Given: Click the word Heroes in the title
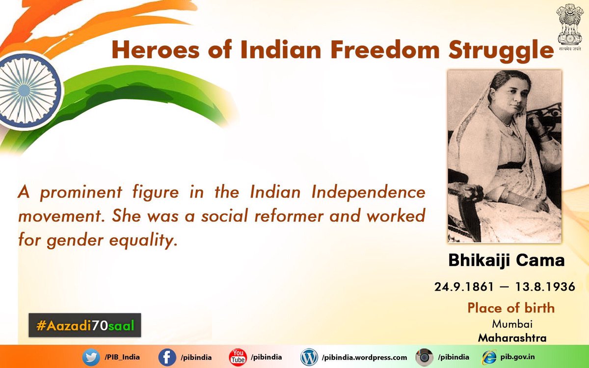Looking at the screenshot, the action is pos(156,50).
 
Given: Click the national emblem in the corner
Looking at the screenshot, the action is pos(570,27).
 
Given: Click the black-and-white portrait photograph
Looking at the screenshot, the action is pos(505,156).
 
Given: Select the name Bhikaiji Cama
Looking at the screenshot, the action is pos(507,261).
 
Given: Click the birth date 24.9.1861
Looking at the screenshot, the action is pos(464,287).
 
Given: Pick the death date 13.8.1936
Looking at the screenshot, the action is pos(545,287).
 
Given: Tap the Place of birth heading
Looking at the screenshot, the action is pos(511,308).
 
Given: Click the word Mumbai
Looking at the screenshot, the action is pos(512,324).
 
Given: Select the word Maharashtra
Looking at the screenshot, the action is pos(512,338).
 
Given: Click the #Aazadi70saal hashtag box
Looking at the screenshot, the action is pos(84,325).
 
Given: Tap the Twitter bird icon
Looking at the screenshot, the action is pos(91,358).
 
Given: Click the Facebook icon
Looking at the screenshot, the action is pos(167,358).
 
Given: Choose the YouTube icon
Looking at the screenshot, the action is pos(238,357).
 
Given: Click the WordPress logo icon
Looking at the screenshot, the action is pos(309,357).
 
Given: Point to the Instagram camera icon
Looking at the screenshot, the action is pos(425,358).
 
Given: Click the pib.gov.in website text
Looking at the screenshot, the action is pos(517,357).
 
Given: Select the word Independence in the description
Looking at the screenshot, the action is pos(369,193).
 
